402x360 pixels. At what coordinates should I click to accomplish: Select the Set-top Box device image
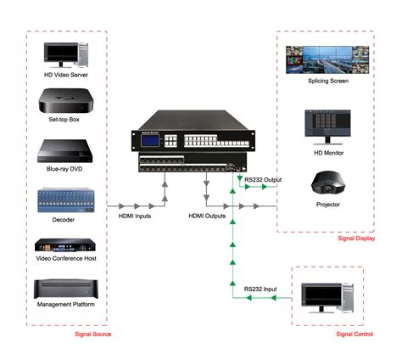tap(65, 102)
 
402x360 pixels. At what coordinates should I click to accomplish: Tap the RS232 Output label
tap(263, 179)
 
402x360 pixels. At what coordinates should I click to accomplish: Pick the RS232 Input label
tap(260, 290)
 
